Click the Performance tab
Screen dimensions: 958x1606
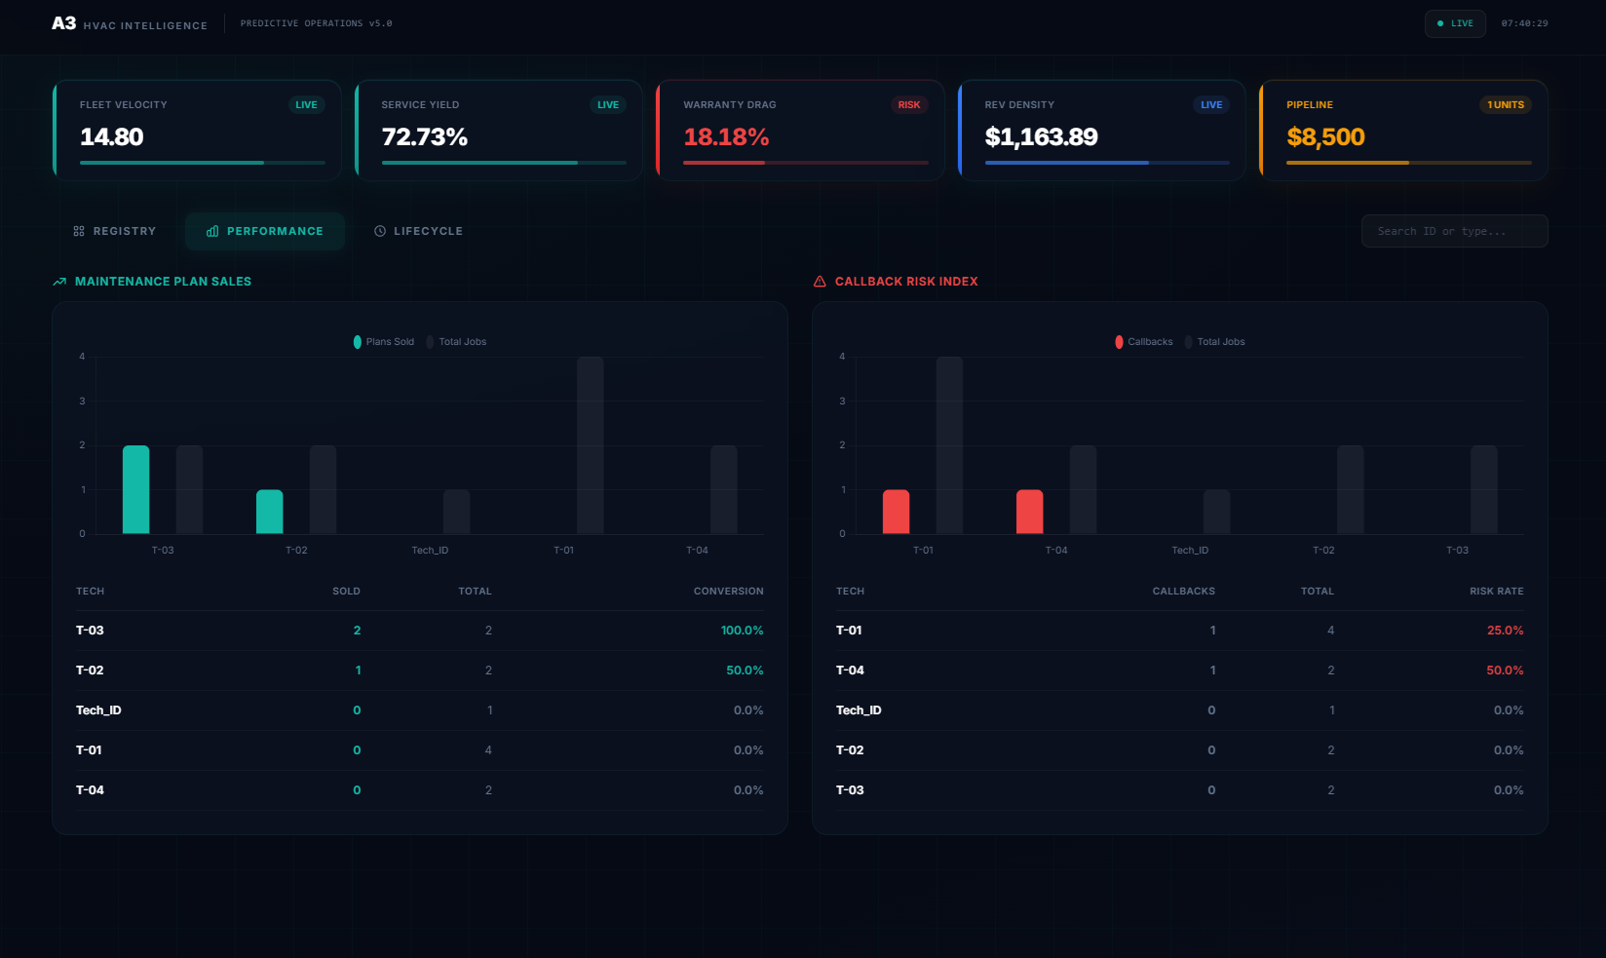point(265,231)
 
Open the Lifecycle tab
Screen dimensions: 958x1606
point(418,231)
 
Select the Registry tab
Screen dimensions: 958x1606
point(115,231)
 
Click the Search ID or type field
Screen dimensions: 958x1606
point(1453,231)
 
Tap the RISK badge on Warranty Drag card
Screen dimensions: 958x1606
point(908,105)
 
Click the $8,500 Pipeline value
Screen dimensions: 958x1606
point(1325,137)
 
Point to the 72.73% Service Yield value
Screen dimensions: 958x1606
point(424,137)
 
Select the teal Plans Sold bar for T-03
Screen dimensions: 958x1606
point(135,489)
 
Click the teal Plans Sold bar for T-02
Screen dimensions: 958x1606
point(269,512)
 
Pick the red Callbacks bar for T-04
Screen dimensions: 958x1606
point(1029,512)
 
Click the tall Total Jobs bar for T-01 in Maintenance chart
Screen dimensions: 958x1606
point(590,445)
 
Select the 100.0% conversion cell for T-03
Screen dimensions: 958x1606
point(742,631)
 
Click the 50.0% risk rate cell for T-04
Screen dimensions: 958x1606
point(1504,671)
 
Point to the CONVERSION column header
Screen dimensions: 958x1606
point(728,592)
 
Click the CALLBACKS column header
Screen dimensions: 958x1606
point(1183,592)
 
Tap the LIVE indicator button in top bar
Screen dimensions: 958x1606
point(1454,23)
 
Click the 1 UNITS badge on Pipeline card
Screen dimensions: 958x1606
point(1505,105)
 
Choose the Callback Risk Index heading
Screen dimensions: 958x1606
point(905,282)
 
